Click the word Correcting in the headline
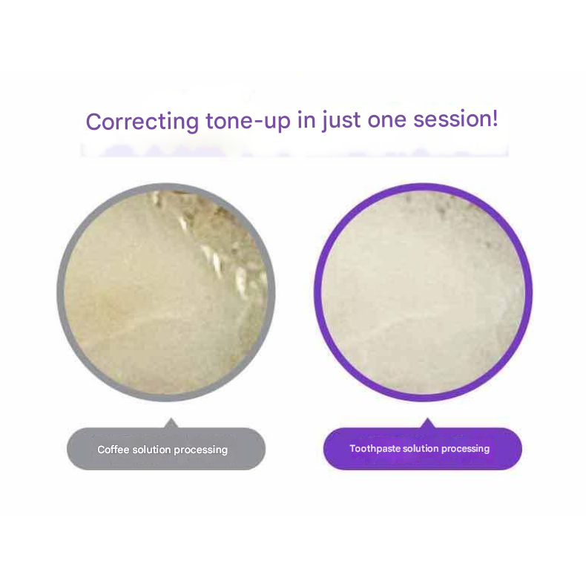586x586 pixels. (x=142, y=122)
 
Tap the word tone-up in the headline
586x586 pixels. (x=248, y=120)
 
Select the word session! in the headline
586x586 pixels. (x=455, y=119)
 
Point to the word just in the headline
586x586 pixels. (x=341, y=120)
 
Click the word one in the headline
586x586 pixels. (x=386, y=120)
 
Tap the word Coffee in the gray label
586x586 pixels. (x=113, y=450)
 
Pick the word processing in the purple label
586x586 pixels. (x=465, y=449)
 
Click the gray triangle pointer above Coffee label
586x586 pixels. (x=171, y=423)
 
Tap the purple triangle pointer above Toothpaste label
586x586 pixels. (x=428, y=423)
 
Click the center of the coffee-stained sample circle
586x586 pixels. (x=166, y=292)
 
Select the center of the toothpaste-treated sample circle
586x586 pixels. (x=423, y=292)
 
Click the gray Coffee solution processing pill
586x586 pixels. (x=166, y=449)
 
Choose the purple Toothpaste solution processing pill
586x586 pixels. (x=423, y=449)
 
